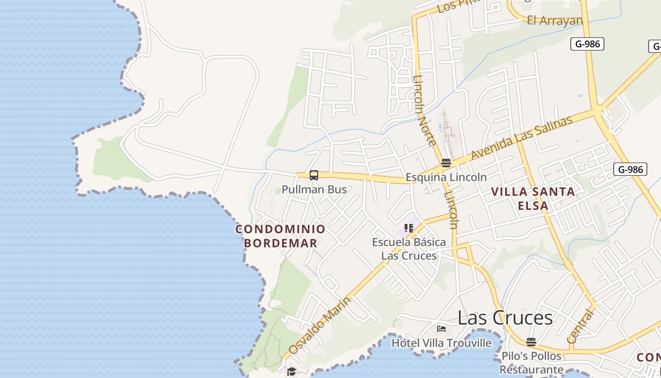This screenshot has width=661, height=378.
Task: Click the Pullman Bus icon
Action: (x=314, y=175)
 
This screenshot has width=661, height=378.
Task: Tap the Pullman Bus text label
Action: (x=314, y=189)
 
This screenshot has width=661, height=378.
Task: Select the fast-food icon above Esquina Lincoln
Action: (x=446, y=163)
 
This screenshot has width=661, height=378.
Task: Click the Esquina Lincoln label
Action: (x=446, y=177)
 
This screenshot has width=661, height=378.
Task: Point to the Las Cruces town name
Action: (x=505, y=318)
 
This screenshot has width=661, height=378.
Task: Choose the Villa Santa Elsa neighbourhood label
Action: (x=533, y=198)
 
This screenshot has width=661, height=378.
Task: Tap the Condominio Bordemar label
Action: (x=280, y=236)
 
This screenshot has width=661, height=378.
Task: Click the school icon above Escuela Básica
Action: (x=409, y=228)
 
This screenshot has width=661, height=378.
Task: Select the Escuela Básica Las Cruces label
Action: (x=409, y=249)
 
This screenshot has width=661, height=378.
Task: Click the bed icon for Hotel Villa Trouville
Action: (x=441, y=329)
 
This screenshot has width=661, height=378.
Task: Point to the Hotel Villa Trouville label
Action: (x=441, y=343)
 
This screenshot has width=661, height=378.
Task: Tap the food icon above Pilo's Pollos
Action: (x=531, y=342)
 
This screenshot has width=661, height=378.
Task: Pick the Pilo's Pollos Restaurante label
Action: (x=531, y=362)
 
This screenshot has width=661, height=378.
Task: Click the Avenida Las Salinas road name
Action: (x=522, y=137)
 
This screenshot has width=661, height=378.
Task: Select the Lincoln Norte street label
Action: (x=424, y=111)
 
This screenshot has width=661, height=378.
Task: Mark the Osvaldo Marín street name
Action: (x=320, y=326)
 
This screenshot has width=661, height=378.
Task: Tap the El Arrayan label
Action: (x=555, y=21)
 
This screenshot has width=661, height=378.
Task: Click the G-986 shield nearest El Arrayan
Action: (x=587, y=44)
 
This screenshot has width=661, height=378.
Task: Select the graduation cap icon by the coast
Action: (x=291, y=371)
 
